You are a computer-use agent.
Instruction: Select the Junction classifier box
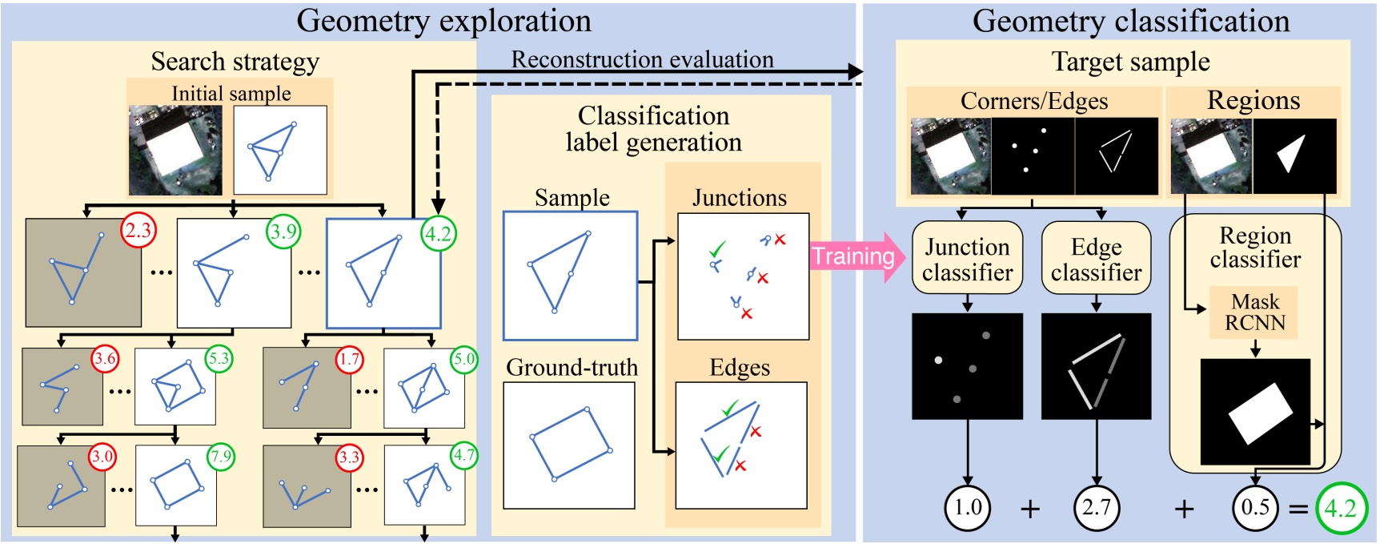tap(967, 258)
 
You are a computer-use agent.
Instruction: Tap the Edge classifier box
tap(1096, 258)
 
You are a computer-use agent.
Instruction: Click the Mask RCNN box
tap(1254, 312)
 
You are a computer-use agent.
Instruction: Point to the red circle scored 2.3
tap(138, 232)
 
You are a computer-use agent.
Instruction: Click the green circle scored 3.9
tap(283, 232)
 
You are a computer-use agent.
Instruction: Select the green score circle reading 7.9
tap(220, 457)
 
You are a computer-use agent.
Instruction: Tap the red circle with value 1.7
tap(349, 360)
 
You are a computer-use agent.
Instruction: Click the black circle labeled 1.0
tap(967, 507)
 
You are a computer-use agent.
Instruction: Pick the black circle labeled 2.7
tap(1096, 507)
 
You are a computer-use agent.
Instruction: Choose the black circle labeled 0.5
tap(1254, 507)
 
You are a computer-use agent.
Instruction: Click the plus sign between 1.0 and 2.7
tap(1030, 509)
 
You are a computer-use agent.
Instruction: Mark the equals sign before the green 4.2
tap(1298, 509)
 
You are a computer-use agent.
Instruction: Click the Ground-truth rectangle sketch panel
tap(569, 445)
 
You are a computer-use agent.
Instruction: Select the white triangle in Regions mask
tap(1292, 154)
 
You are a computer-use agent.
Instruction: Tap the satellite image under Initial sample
tap(175, 151)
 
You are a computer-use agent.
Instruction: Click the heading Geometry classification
tap(1130, 21)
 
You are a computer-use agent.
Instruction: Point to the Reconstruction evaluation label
tap(642, 59)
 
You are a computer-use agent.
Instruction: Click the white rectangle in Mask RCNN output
tap(1260, 413)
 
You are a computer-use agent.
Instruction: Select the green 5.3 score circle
tap(219, 360)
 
